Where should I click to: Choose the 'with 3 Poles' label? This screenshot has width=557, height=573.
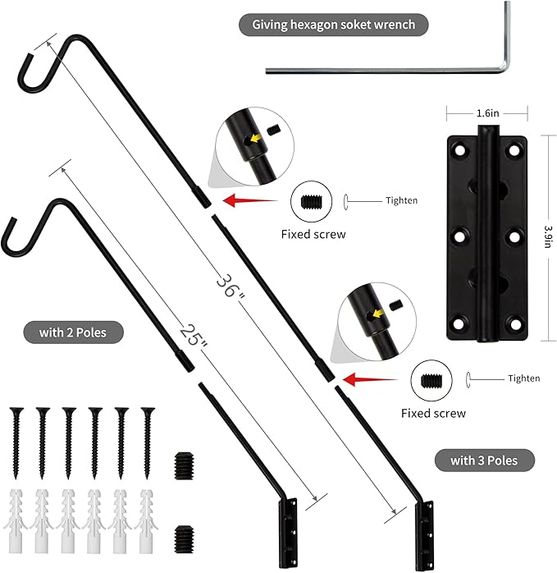pos(484,460)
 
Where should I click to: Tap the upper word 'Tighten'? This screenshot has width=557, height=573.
pos(401,200)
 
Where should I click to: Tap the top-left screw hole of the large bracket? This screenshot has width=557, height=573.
pos(460,152)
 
